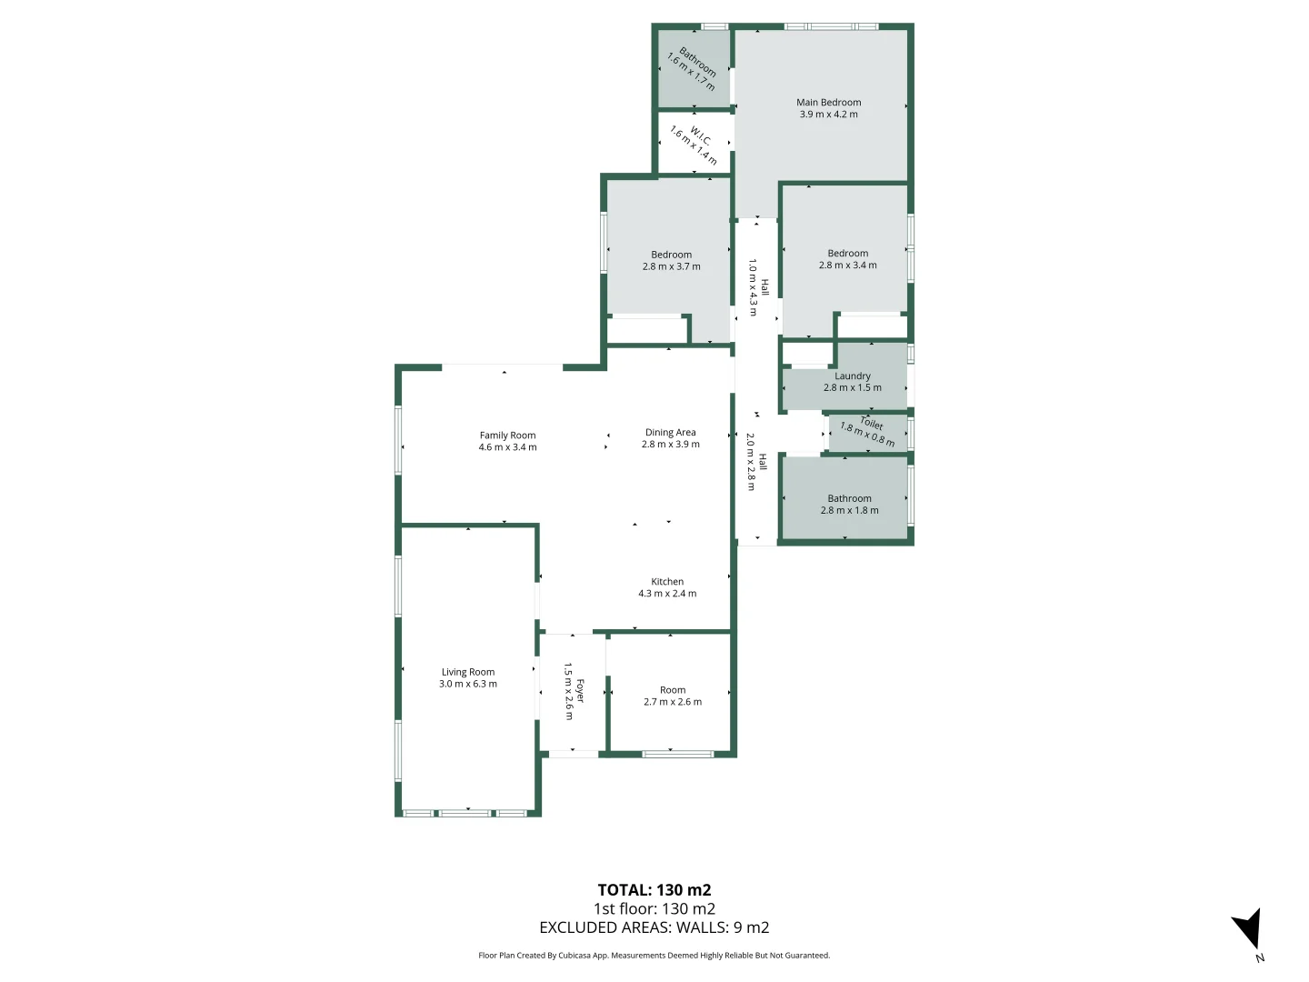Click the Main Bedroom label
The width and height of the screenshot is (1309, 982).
(x=828, y=103)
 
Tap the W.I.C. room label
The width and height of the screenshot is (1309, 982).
(x=700, y=135)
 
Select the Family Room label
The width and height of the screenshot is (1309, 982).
(x=507, y=436)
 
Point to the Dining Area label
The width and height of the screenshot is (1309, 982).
(x=670, y=433)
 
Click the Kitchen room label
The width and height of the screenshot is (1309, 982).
(x=667, y=582)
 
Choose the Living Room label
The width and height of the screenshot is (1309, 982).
(x=468, y=673)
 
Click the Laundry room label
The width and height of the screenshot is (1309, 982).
(x=853, y=376)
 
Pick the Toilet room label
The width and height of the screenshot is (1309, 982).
(x=872, y=423)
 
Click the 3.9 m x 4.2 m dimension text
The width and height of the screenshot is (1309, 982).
(x=828, y=115)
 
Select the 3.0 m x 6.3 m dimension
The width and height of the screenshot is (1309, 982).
(x=468, y=685)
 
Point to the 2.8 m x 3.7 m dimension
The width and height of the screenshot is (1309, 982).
(x=671, y=267)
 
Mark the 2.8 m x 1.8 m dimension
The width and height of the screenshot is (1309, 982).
(x=849, y=511)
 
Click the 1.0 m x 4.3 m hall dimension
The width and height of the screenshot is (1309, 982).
(x=753, y=287)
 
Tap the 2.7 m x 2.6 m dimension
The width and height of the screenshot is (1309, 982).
(x=673, y=702)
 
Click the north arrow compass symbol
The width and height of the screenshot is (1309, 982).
(x=1249, y=929)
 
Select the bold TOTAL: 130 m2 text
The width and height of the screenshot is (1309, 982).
(x=654, y=890)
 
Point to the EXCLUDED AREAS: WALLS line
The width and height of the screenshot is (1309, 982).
(x=654, y=927)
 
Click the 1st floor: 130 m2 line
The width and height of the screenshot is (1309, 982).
(x=654, y=908)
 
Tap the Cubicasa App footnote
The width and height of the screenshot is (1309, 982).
(x=654, y=956)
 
